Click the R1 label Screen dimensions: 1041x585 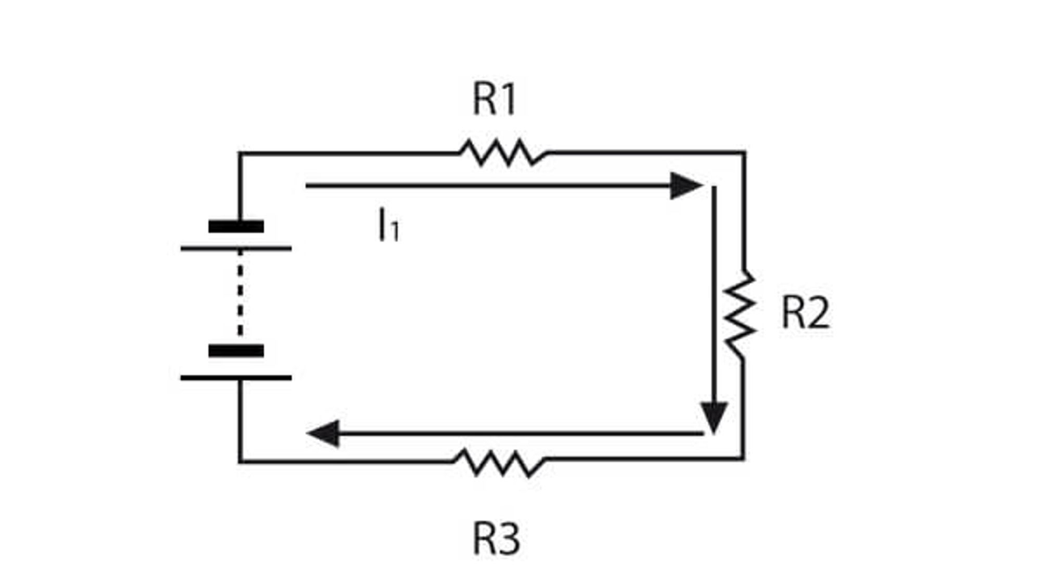coord(494,98)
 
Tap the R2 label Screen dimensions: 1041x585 coord(805,313)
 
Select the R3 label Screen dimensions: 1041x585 coord(496,539)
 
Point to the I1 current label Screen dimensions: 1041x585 coord(389,225)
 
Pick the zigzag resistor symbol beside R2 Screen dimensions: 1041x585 coord(740,314)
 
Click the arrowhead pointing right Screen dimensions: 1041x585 coord(686,186)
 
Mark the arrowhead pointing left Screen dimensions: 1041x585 coord(323,433)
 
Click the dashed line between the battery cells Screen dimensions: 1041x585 coord(240,293)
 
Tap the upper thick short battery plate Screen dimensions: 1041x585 coord(236,226)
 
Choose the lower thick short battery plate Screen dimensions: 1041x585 coord(236,350)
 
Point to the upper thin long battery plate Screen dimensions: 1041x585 coord(236,249)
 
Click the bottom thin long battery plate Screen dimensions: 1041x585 coord(236,378)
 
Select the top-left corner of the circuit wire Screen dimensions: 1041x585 coord(240,152)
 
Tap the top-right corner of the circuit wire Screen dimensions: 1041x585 coord(744,152)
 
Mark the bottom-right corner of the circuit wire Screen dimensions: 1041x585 coord(742,459)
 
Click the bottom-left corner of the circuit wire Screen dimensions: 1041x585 coord(240,462)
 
